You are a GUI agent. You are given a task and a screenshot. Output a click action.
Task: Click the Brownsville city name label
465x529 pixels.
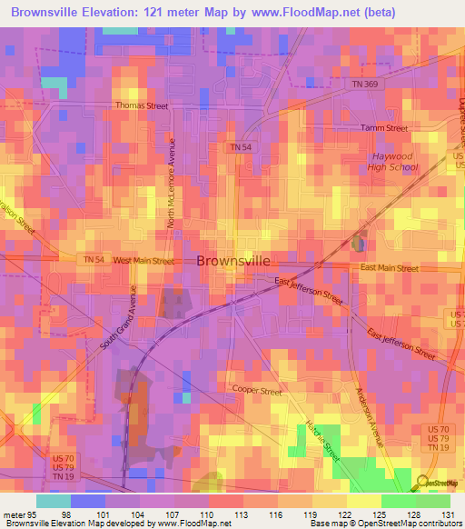[232, 260]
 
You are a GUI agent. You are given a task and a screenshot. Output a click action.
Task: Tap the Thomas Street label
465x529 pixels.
[142, 106]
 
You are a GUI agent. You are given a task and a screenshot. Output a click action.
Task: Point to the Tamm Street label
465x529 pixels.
[384, 129]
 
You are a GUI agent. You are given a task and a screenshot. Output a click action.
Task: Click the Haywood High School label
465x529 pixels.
[394, 162]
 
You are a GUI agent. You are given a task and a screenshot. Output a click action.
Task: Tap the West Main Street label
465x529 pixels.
[143, 261]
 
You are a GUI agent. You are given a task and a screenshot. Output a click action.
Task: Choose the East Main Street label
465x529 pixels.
[389, 268]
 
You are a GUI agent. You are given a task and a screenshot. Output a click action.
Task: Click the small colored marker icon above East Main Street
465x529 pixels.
[359, 243]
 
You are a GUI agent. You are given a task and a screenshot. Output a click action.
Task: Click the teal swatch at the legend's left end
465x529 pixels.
[54, 500]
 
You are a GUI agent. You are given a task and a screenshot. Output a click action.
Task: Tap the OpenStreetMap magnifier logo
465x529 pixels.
[423, 482]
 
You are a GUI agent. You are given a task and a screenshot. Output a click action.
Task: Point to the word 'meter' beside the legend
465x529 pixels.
[15, 514]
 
